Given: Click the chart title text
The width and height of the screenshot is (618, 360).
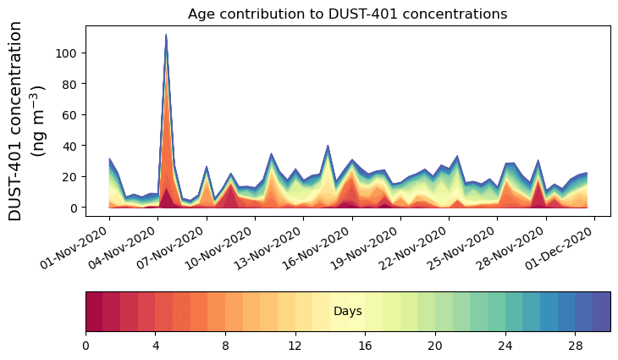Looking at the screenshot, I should (x=347, y=14).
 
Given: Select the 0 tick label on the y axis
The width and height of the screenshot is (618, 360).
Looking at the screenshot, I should (x=74, y=208).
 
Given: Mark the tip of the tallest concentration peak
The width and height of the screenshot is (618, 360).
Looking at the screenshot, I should (x=166, y=35).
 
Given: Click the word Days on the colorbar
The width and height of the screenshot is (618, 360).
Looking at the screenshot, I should (x=347, y=312).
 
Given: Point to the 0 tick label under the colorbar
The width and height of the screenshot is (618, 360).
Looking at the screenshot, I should (x=86, y=347).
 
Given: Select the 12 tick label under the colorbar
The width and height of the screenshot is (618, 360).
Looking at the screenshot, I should (x=295, y=347).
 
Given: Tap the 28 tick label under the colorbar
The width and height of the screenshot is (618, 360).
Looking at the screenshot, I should (x=575, y=347).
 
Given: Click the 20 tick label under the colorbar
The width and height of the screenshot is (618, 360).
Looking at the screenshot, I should (x=435, y=347).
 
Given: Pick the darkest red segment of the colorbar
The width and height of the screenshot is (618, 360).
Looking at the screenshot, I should (x=94, y=312).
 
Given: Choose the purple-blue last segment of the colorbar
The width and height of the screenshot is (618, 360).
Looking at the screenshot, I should (x=601, y=312).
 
